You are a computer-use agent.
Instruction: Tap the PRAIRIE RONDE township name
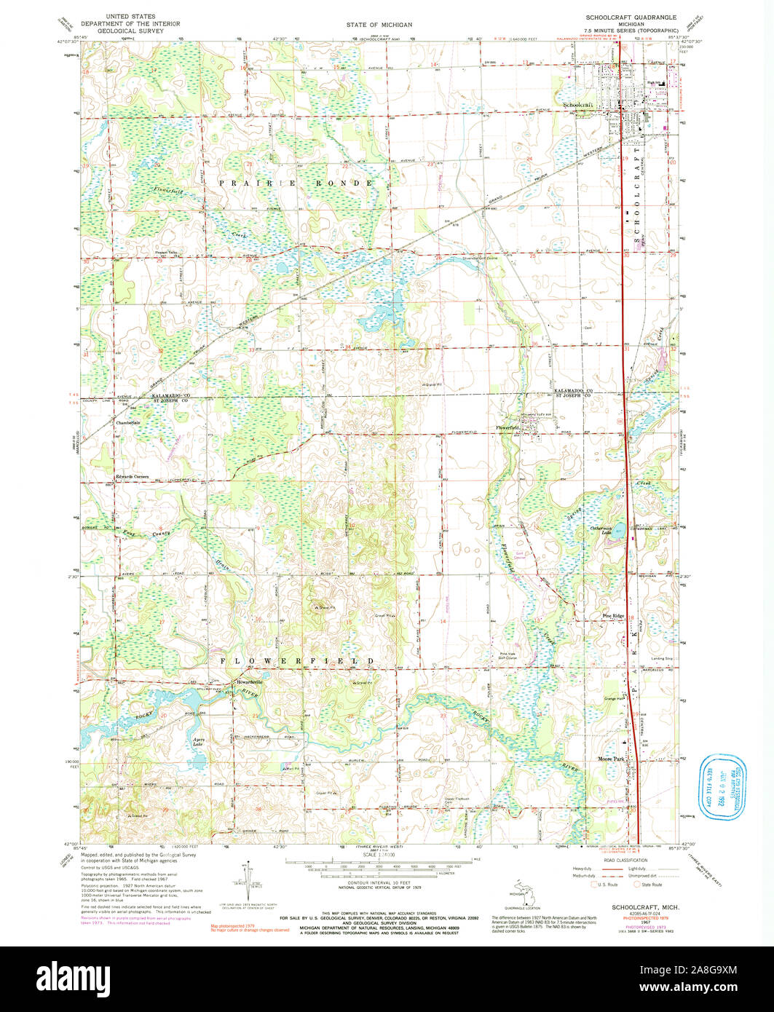297,183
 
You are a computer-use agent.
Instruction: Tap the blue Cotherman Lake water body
617,531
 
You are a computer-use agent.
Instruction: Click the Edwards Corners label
132,477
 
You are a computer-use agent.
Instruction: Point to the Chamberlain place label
127,422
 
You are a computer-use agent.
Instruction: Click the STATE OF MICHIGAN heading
379,25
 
